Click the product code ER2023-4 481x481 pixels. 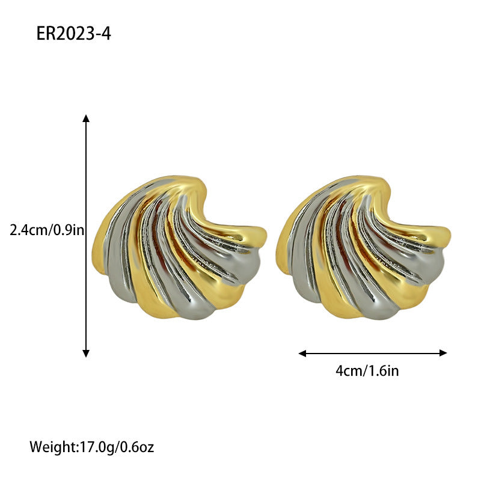tap(73, 33)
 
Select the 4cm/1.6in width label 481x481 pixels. tap(367, 371)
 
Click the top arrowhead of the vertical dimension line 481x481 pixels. tap(86, 118)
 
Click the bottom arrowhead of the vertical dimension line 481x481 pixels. tap(86, 354)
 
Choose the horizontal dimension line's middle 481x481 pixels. tap(373, 353)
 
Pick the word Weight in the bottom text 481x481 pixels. tap(54, 447)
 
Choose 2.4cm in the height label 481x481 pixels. tap(25, 230)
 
